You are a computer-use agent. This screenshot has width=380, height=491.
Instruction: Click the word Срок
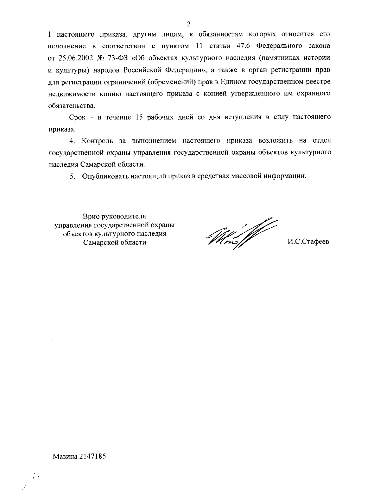point(77,117)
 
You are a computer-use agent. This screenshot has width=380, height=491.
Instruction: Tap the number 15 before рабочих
point(138,117)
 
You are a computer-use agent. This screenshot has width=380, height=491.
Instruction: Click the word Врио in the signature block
point(91,217)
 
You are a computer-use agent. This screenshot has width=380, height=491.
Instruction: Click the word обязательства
point(71,105)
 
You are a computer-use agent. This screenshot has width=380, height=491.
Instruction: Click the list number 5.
point(73,176)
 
